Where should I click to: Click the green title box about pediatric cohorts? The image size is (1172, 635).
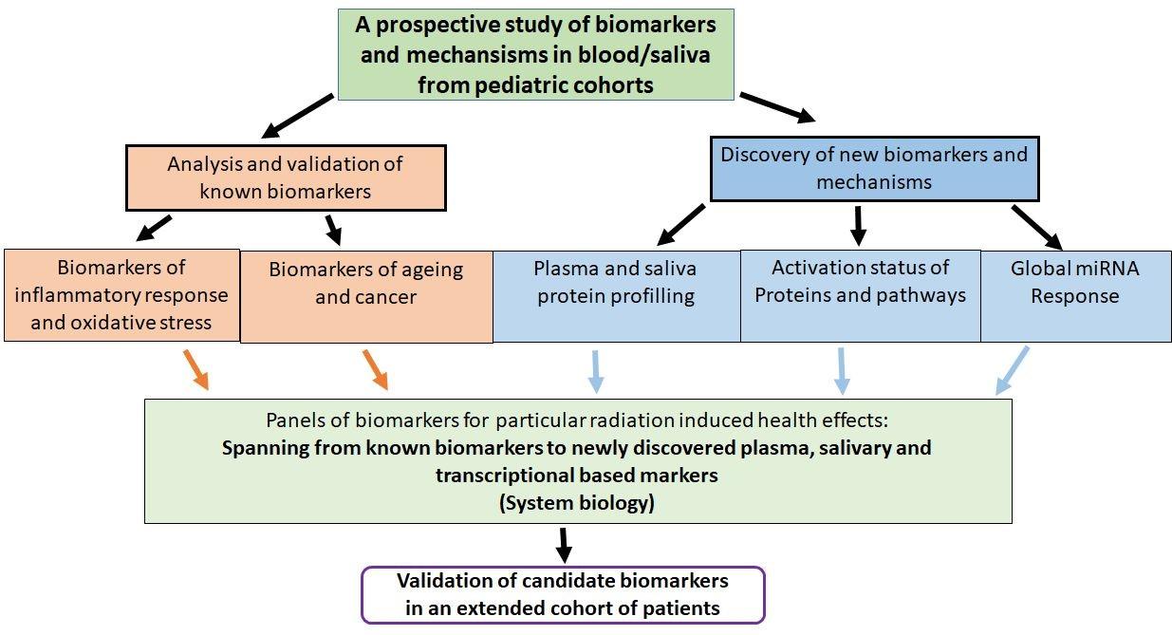(x=535, y=54)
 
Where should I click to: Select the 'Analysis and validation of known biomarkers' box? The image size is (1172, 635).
(x=285, y=177)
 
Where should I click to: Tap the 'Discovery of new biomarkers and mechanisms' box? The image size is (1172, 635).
(x=873, y=167)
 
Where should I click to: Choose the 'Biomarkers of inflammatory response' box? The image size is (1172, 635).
(x=121, y=294)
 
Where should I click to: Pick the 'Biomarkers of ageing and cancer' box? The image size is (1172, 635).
(x=366, y=295)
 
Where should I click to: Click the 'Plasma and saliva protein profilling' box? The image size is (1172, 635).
(x=616, y=295)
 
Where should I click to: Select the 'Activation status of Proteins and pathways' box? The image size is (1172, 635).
(x=860, y=295)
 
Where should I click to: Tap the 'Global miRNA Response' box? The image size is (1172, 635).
(x=1075, y=295)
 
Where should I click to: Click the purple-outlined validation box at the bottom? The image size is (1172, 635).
(x=563, y=594)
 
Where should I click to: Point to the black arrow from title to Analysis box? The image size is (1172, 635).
(x=298, y=116)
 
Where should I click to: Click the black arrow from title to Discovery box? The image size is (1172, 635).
(x=776, y=107)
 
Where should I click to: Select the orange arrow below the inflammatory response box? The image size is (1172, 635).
(x=195, y=369)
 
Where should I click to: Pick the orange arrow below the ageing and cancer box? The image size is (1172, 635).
(x=374, y=369)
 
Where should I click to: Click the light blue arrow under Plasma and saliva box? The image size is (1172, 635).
(x=595, y=370)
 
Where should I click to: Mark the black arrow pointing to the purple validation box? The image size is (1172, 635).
(x=564, y=544)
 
